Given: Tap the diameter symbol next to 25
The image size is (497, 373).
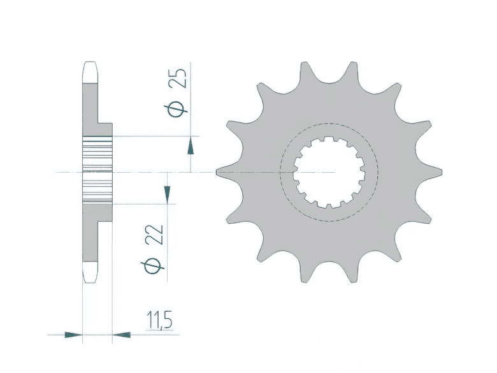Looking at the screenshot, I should [180, 108].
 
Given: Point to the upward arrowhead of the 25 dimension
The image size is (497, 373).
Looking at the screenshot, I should [190, 147].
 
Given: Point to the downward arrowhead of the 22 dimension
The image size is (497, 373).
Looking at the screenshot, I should [167, 193].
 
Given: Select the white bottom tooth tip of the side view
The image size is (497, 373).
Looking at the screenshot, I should [90, 272].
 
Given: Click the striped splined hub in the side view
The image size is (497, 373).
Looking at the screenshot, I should [97, 171].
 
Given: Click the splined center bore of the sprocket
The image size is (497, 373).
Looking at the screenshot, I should [329, 172].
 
